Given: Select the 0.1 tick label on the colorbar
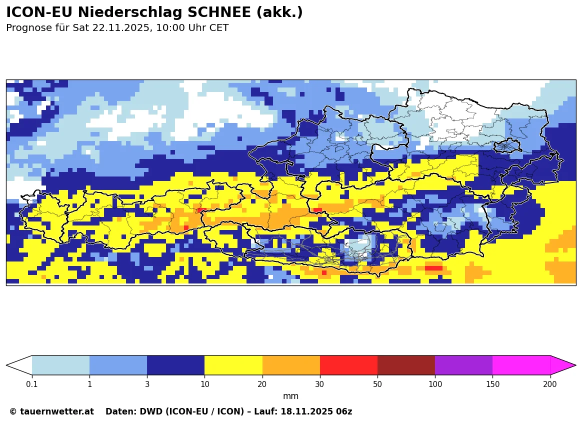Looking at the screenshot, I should (32, 384).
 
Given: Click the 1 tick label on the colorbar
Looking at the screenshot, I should (89, 384).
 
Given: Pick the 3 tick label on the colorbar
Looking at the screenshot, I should (147, 384).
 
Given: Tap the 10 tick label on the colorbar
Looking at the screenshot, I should (204, 384).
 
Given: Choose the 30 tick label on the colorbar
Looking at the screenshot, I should (320, 384).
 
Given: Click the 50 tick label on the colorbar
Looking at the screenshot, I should (377, 384).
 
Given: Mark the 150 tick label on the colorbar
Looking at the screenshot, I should (492, 384).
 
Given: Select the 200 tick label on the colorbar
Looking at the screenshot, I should (550, 384).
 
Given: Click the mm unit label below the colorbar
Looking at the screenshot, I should (290, 396).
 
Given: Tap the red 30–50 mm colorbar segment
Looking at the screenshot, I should (348, 365).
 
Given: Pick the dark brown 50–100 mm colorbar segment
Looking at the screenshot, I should (406, 365).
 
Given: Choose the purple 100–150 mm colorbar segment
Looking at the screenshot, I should (463, 365).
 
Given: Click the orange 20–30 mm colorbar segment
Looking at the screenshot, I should (291, 365).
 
